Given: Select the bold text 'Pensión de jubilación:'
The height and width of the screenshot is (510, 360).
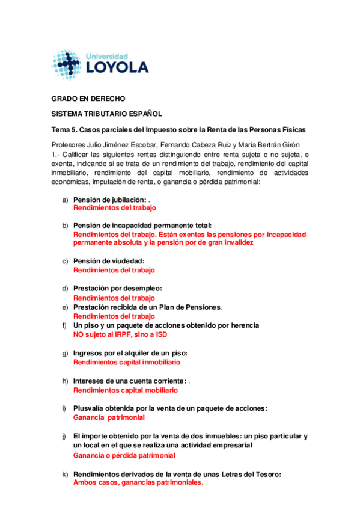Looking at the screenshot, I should tap(110, 200).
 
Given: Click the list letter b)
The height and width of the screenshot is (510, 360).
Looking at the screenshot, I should tap(66, 225).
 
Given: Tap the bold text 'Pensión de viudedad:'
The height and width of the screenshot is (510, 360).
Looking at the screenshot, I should tap(109, 261).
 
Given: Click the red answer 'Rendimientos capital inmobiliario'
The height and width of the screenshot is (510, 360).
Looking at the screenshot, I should tap(126, 362).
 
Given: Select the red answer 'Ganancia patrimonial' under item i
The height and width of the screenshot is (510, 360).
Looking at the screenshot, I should tap(109, 417).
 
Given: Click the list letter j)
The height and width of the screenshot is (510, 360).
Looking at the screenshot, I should tap(65, 436).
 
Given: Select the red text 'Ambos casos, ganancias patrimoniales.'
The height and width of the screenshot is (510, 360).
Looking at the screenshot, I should tap(138, 482).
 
